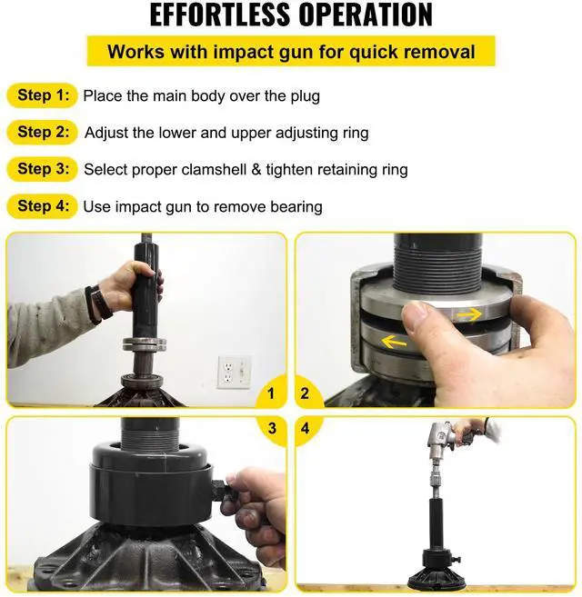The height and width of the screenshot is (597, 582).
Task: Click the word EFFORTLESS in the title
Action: [219, 15]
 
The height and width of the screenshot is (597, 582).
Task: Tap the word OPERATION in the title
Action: [366, 15]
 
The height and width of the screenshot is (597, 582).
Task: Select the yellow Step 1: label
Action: [43, 95]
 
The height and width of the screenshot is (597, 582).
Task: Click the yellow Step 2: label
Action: [43, 132]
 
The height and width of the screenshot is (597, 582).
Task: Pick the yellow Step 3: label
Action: [43, 169]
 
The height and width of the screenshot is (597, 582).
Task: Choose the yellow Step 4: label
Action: [43, 206]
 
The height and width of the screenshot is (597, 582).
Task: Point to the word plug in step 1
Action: [305, 96]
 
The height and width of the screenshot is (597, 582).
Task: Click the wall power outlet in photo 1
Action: [234, 372]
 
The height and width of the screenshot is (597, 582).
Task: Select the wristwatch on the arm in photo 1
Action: [99, 304]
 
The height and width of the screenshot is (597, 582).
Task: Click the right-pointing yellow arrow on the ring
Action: [469, 315]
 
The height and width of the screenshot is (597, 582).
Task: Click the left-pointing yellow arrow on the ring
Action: [394, 343]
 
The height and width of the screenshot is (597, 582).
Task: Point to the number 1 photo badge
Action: [271, 393]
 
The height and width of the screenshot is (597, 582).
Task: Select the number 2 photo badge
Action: [305, 393]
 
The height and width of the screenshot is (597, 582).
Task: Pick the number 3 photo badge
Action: [272, 429]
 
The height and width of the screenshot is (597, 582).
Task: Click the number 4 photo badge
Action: [305, 429]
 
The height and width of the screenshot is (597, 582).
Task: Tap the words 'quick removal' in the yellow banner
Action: [412, 52]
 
